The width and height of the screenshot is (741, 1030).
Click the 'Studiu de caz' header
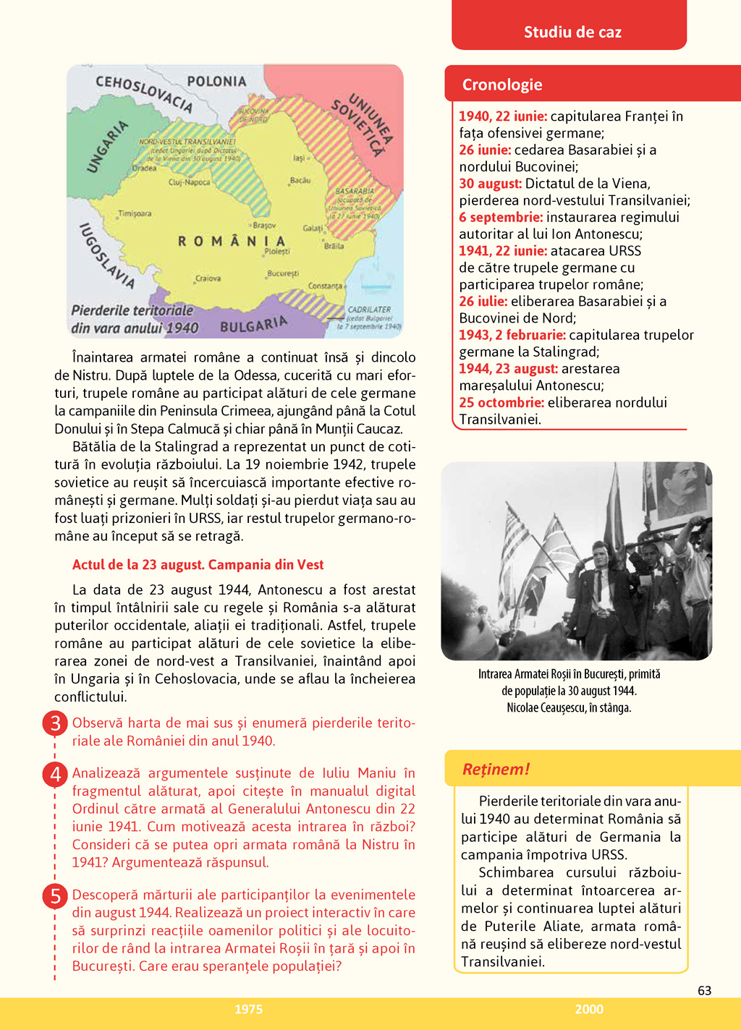point(572,32)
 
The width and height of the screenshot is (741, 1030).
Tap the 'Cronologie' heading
point(502,85)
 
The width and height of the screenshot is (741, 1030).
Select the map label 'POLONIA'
point(216,81)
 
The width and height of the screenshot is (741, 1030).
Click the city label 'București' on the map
point(283,273)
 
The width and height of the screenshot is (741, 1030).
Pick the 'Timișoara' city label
point(135,213)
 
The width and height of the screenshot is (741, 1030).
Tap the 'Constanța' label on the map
point(325,286)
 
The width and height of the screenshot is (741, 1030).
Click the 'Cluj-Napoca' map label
point(189,182)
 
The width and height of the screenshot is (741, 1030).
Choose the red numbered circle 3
point(55,723)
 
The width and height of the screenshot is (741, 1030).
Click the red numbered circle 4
point(55,774)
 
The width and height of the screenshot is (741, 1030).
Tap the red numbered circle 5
point(55,896)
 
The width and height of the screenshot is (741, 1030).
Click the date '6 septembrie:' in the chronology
point(501,217)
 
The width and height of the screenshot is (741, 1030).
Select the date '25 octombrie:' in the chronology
point(501,402)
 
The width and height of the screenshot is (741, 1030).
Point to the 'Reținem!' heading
point(496,769)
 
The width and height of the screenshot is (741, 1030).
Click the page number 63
point(704,990)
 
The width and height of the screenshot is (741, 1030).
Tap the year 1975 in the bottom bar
point(248,1009)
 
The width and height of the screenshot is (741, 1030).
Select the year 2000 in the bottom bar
point(589,1009)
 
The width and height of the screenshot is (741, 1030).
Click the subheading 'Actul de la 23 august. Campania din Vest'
point(198,565)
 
